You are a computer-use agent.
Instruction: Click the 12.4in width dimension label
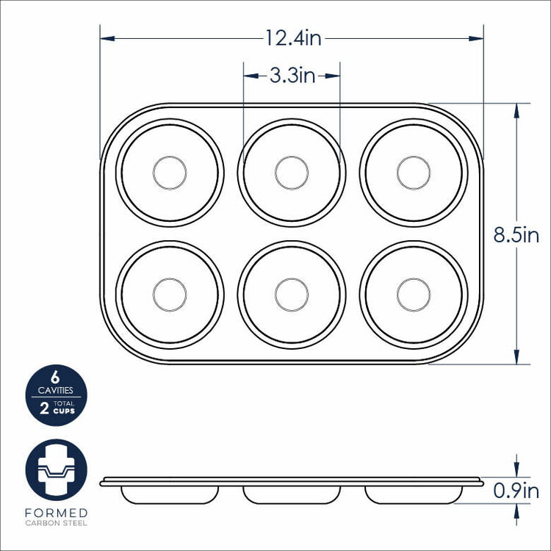(x=293, y=37)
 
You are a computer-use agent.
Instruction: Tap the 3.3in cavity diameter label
(x=292, y=75)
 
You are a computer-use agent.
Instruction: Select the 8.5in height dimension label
(x=516, y=235)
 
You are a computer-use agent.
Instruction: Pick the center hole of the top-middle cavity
(x=292, y=173)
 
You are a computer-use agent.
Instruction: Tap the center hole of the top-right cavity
(x=414, y=173)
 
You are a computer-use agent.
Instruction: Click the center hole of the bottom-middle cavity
(x=292, y=295)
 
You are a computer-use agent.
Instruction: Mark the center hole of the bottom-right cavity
(x=414, y=295)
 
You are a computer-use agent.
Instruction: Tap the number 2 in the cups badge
(x=45, y=410)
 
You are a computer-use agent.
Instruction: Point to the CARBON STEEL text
(x=55, y=523)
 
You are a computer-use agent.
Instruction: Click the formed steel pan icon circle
(x=55, y=470)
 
